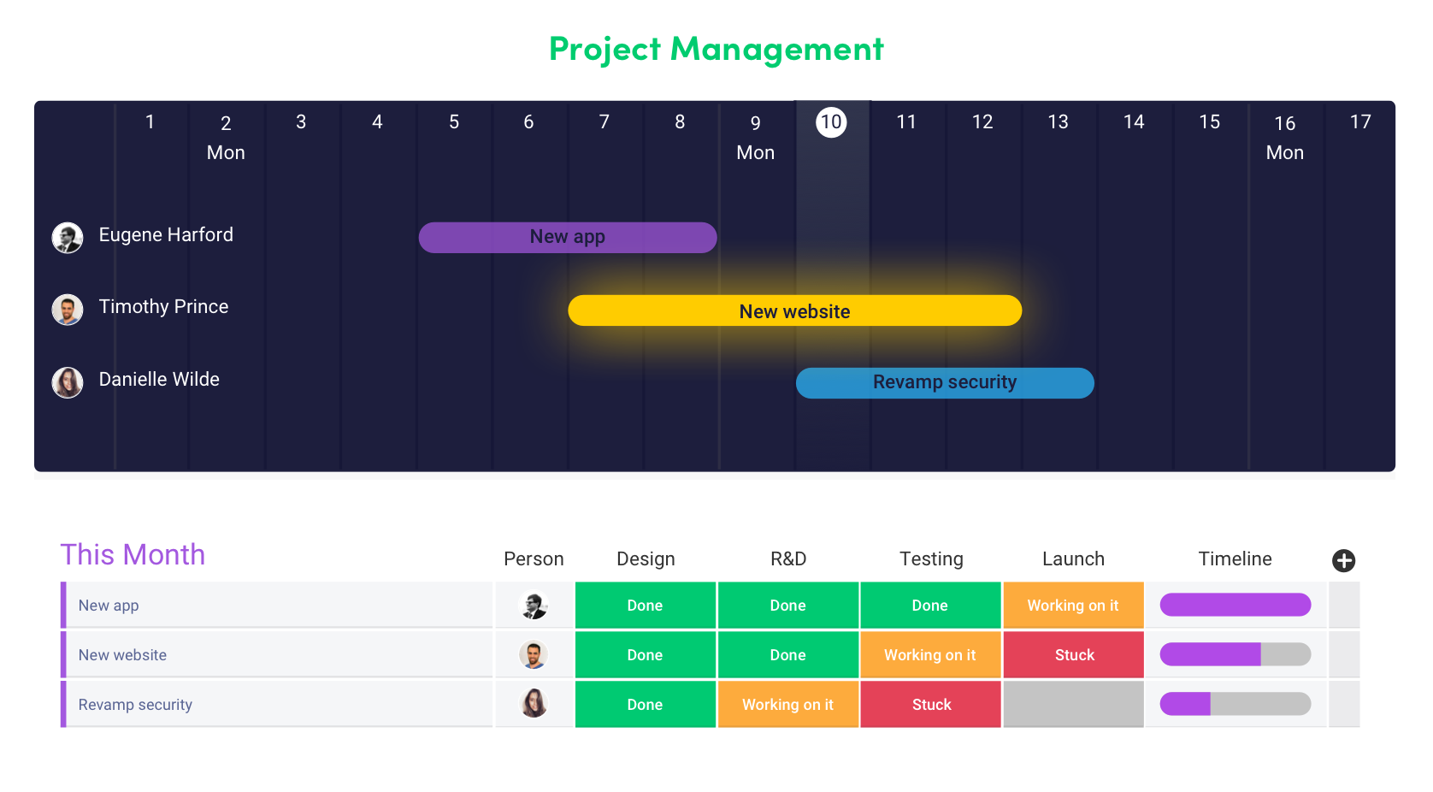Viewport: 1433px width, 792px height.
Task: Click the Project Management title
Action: pyautogui.click(x=716, y=49)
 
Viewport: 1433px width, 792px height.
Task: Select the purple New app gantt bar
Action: pyautogui.click(x=567, y=237)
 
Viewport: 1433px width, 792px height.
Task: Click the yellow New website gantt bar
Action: pyautogui.click(x=794, y=310)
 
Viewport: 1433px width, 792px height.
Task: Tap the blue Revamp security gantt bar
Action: pyautogui.click(x=944, y=382)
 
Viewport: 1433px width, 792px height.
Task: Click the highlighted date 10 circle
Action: pyautogui.click(x=831, y=121)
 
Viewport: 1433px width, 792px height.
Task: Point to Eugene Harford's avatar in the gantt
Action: pyautogui.click(x=68, y=237)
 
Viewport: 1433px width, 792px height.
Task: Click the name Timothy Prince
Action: pyautogui.click(x=163, y=306)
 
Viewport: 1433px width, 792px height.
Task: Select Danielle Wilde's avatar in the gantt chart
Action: pyautogui.click(x=68, y=381)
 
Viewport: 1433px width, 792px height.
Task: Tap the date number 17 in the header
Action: pyautogui.click(x=1359, y=121)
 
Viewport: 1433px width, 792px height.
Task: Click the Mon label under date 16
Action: pyautogui.click(x=1284, y=152)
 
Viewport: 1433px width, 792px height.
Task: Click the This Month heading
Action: pyautogui.click(x=133, y=554)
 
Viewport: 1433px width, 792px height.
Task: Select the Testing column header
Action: pyautogui.click(x=930, y=559)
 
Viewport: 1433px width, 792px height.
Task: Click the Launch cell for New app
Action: pyautogui.click(x=1072, y=605)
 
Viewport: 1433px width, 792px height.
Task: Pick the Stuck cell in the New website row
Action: pyautogui.click(x=1073, y=654)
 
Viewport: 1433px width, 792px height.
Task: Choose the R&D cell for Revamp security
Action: pyautogui.click(x=787, y=704)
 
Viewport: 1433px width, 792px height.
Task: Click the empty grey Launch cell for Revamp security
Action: pyautogui.click(x=1073, y=704)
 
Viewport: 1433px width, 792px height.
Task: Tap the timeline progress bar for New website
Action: pyautogui.click(x=1235, y=654)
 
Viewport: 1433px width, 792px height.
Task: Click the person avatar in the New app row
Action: pyautogui.click(x=534, y=605)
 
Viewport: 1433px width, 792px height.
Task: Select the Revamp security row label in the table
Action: pyautogui.click(x=135, y=704)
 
